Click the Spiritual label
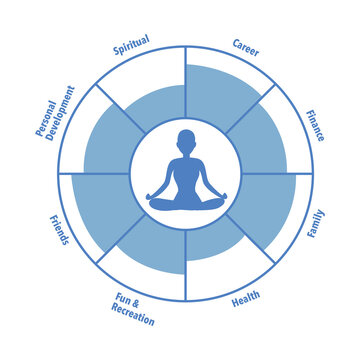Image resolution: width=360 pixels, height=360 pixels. (x=131, y=43)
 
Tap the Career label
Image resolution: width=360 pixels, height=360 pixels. (x=247, y=46)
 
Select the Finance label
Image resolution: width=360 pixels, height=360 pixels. (x=314, y=125)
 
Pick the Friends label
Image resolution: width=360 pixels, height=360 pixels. (x=58, y=231)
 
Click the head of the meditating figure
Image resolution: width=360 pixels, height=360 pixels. (x=186, y=140)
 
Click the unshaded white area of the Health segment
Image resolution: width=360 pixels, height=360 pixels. (x=225, y=280)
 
